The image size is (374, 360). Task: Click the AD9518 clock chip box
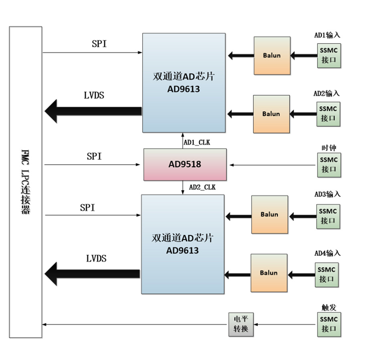[185, 164]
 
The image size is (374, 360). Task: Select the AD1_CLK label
[197, 142]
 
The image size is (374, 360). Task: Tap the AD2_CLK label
[202, 187]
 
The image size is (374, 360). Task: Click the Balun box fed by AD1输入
[272, 55]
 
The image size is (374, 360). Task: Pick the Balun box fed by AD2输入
[271, 114]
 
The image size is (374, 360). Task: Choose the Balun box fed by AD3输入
[269, 214]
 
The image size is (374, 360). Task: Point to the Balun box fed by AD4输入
[269, 273]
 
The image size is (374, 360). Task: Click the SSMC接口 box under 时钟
[329, 164]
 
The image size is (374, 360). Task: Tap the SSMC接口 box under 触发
[329, 324]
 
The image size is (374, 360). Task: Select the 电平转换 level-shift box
[241, 324]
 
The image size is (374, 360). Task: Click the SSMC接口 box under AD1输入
[329, 55]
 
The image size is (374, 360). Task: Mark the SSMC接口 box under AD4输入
[326, 275]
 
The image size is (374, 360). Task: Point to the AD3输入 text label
[327, 194]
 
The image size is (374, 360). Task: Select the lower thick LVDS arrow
[92, 274]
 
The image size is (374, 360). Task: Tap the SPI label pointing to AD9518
[94, 156]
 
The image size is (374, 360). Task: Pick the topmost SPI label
[99, 44]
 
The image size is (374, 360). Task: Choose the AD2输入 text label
[326, 93]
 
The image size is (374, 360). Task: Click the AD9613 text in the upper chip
[184, 89]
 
